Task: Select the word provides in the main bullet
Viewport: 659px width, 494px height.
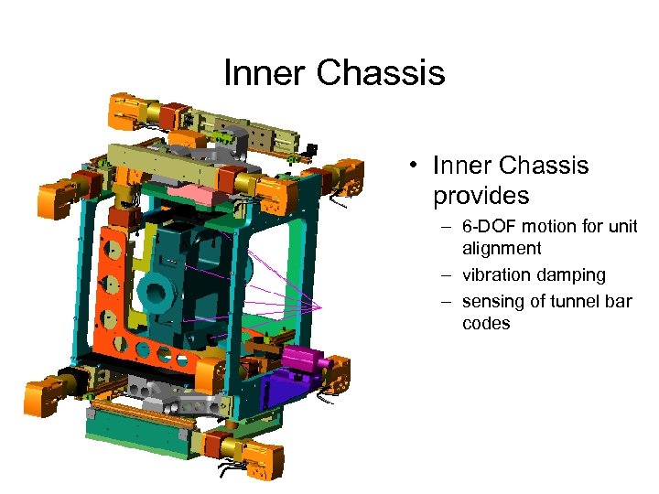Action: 481,196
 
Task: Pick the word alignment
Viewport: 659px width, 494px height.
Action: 502,249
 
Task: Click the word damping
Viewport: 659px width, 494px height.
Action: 572,275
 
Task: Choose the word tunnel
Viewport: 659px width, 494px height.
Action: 577,302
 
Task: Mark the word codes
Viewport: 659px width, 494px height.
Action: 486,324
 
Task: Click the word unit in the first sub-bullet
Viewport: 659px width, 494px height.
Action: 621,227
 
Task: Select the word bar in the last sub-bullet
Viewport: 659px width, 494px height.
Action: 619,302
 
